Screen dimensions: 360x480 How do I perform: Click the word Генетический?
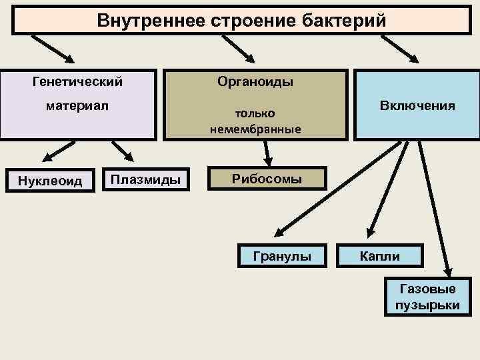(x=78, y=82)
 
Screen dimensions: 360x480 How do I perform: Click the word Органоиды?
(x=255, y=82)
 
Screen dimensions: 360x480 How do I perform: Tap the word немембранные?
(x=255, y=129)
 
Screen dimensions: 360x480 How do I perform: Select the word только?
(x=255, y=113)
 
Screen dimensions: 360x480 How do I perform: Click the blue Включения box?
(x=417, y=105)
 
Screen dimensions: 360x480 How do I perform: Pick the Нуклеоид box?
(x=50, y=181)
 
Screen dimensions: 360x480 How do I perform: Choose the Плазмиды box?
(x=146, y=179)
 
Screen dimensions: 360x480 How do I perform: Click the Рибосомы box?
(x=267, y=179)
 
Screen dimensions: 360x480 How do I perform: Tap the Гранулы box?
(x=282, y=255)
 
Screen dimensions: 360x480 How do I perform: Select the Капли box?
(x=380, y=255)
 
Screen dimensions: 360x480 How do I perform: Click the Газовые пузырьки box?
(x=427, y=297)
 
